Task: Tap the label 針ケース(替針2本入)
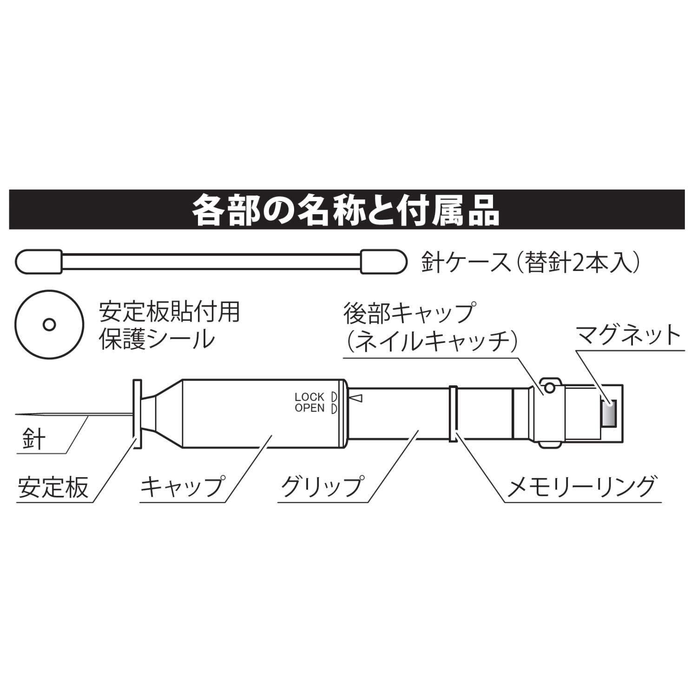[531, 263]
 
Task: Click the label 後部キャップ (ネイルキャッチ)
[430, 328]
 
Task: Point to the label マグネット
[628, 335]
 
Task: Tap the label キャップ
[183, 486]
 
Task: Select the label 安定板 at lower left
[53, 486]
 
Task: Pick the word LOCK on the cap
[309, 397]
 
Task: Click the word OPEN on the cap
[309, 408]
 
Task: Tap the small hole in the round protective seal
[49, 324]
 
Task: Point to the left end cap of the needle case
[39, 262]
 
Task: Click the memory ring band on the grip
[454, 414]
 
